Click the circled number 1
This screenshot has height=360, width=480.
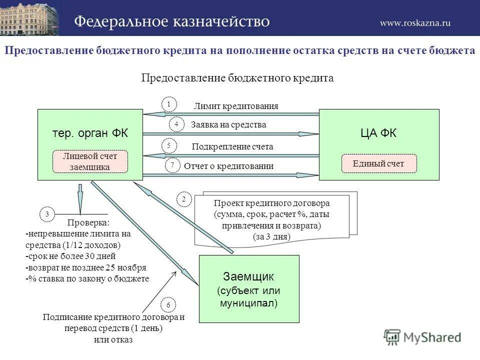(x=169, y=104)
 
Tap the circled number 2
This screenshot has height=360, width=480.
(x=183, y=199)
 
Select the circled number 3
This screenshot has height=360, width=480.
(x=47, y=214)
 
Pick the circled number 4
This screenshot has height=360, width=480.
(x=176, y=123)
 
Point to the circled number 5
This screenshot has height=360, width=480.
(x=169, y=145)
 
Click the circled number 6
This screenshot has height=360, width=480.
(x=168, y=304)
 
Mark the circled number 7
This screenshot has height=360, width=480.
(x=172, y=164)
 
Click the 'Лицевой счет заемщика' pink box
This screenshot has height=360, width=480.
(x=90, y=162)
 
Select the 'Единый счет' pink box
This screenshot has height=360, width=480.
(x=378, y=163)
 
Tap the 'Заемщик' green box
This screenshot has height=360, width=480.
(x=249, y=289)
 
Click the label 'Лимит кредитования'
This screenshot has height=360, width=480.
(x=236, y=106)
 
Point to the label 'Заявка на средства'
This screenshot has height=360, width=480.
(x=228, y=125)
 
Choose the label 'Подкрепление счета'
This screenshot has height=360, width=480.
(x=232, y=147)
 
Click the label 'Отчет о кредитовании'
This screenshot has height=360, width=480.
(x=228, y=166)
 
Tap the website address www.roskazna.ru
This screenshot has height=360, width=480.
(x=415, y=23)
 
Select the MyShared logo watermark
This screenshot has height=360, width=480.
(x=422, y=337)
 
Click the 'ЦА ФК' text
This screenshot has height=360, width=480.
(x=378, y=133)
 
